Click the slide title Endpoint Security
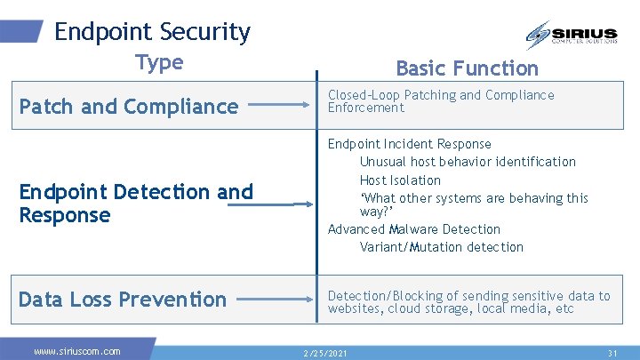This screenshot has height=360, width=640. click(152, 32)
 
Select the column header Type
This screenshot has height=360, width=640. click(159, 62)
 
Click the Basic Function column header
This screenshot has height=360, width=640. click(467, 68)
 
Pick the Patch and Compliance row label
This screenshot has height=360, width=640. click(129, 107)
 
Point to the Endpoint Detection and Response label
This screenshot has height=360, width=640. click(136, 204)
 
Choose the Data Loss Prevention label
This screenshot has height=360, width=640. click(123, 300)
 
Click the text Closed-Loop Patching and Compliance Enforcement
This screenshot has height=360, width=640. click(440, 101)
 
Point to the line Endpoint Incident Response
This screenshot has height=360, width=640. click(409, 144)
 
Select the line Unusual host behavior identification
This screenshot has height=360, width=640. click(468, 162)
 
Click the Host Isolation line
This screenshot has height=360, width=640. click(400, 180)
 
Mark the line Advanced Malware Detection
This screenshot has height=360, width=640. click(413, 229)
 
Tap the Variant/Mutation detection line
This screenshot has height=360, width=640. click(441, 247)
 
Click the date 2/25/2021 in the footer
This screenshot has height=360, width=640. click(326, 353)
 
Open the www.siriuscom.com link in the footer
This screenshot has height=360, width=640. click(77, 351)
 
